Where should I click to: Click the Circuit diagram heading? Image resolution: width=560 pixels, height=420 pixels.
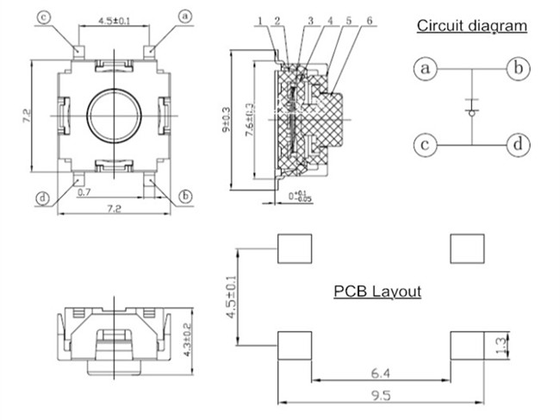pos(472,26)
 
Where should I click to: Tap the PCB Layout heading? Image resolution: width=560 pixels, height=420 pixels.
pos(377,291)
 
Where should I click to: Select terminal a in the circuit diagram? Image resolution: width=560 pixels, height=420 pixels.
pos(424,68)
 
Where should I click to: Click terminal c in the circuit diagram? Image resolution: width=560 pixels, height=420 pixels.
pos(424,144)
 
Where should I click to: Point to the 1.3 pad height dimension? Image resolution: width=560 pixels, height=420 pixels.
pos(511,346)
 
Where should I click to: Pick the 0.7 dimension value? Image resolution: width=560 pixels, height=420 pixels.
pos(84,193)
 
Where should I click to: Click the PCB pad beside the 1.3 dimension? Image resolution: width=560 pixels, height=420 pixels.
pos(466,346)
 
